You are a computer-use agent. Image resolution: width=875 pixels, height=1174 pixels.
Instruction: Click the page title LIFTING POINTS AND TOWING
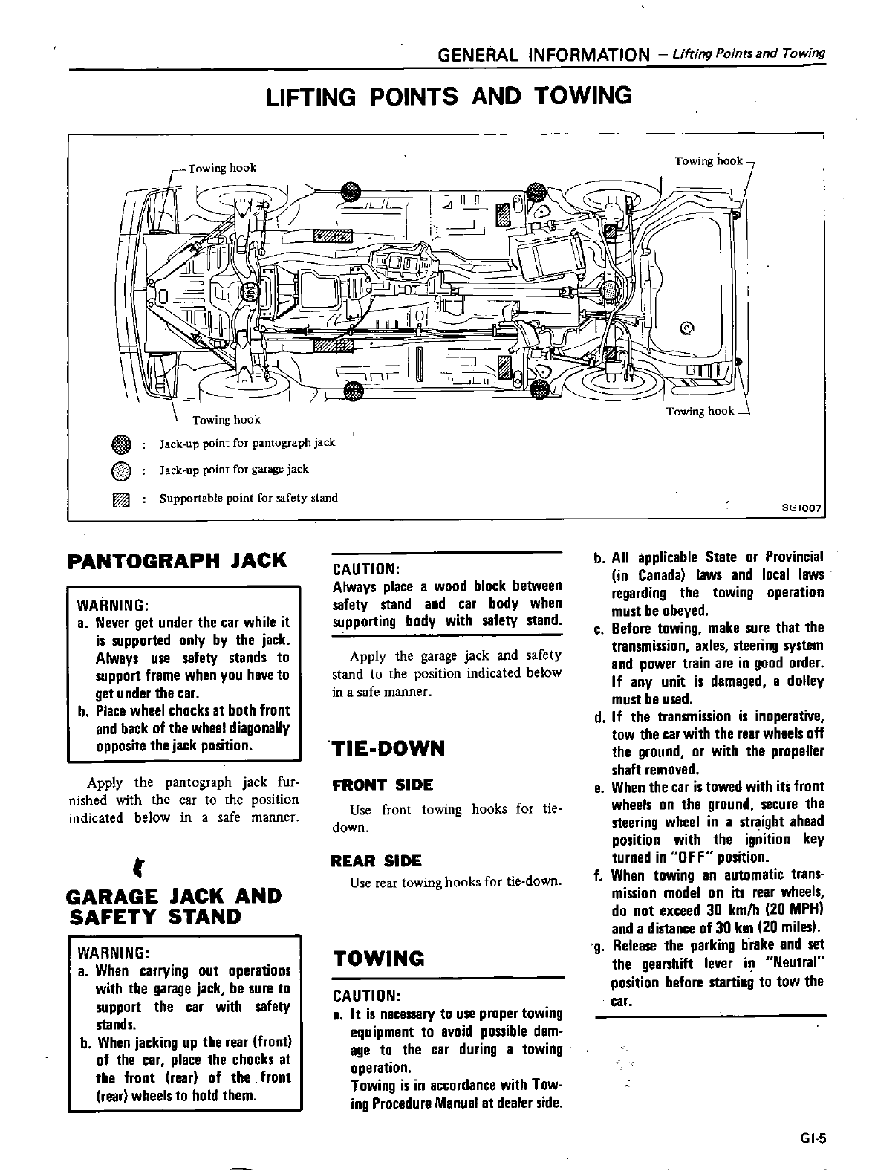(x=449, y=96)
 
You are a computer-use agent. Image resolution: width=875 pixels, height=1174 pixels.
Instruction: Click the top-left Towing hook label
(x=221, y=168)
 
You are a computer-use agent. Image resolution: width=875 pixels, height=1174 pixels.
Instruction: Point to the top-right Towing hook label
(x=708, y=160)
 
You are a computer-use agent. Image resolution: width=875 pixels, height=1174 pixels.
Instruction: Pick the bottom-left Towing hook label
(x=226, y=420)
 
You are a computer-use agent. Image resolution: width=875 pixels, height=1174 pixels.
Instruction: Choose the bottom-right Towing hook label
(x=700, y=411)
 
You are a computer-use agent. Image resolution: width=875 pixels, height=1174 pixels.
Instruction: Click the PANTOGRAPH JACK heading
(x=177, y=560)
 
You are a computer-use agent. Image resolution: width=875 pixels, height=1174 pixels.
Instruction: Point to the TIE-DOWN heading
(x=389, y=747)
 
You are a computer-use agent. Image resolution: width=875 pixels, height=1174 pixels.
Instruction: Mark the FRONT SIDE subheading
(x=383, y=785)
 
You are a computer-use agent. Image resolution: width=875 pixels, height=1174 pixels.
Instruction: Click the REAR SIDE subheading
(x=377, y=861)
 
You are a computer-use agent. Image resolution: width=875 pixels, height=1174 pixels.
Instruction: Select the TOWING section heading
(x=379, y=959)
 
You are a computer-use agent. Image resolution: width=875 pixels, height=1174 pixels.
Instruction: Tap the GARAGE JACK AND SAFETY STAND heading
(x=175, y=906)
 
